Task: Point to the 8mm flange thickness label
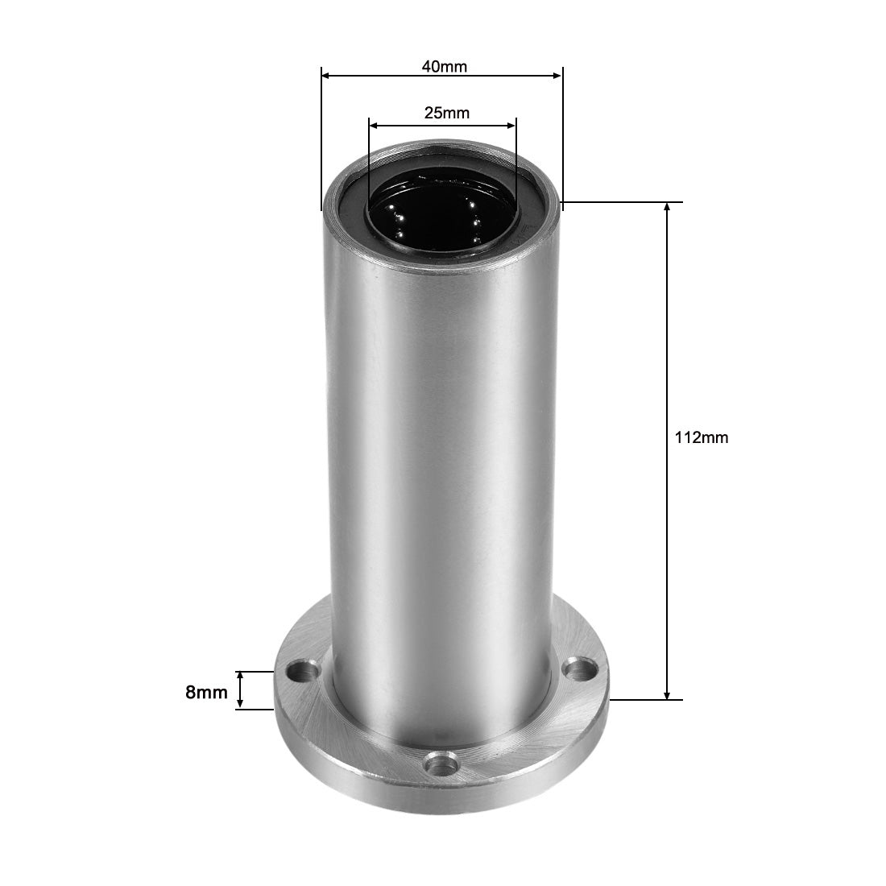pos(206,691)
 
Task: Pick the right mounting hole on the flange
pos(575,668)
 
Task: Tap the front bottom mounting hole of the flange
pos(441,760)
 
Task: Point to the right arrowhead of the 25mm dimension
pos(511,125)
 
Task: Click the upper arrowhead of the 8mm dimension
pos(239,676)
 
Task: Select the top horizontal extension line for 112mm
pos(628,202)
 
